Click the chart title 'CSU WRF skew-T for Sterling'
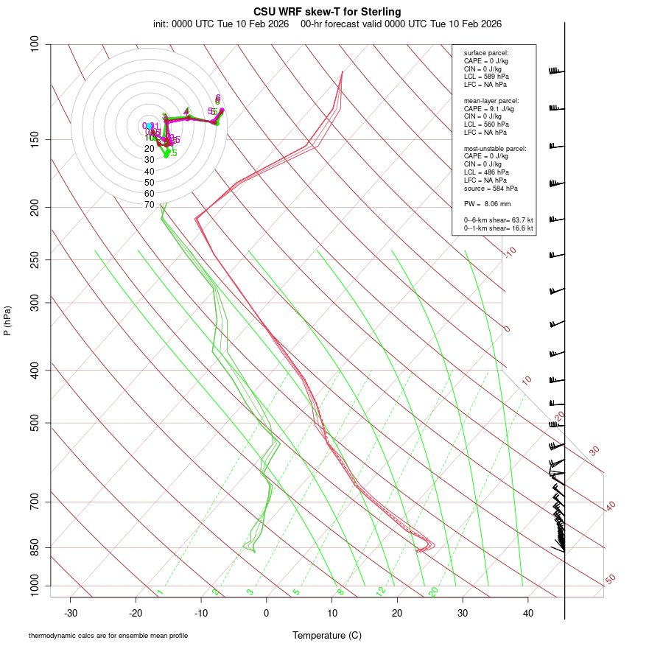328,12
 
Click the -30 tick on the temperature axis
71,613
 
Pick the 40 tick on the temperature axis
528,613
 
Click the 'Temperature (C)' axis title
327,635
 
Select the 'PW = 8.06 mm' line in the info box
487,203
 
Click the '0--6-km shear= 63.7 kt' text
498,220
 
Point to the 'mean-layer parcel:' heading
491,100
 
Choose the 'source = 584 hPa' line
489,189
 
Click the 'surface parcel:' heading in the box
486,53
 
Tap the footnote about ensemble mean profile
108,635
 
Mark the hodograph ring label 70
150,205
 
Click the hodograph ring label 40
150,171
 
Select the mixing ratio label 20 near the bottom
433,592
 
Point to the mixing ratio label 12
381,592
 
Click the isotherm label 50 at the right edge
610,580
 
